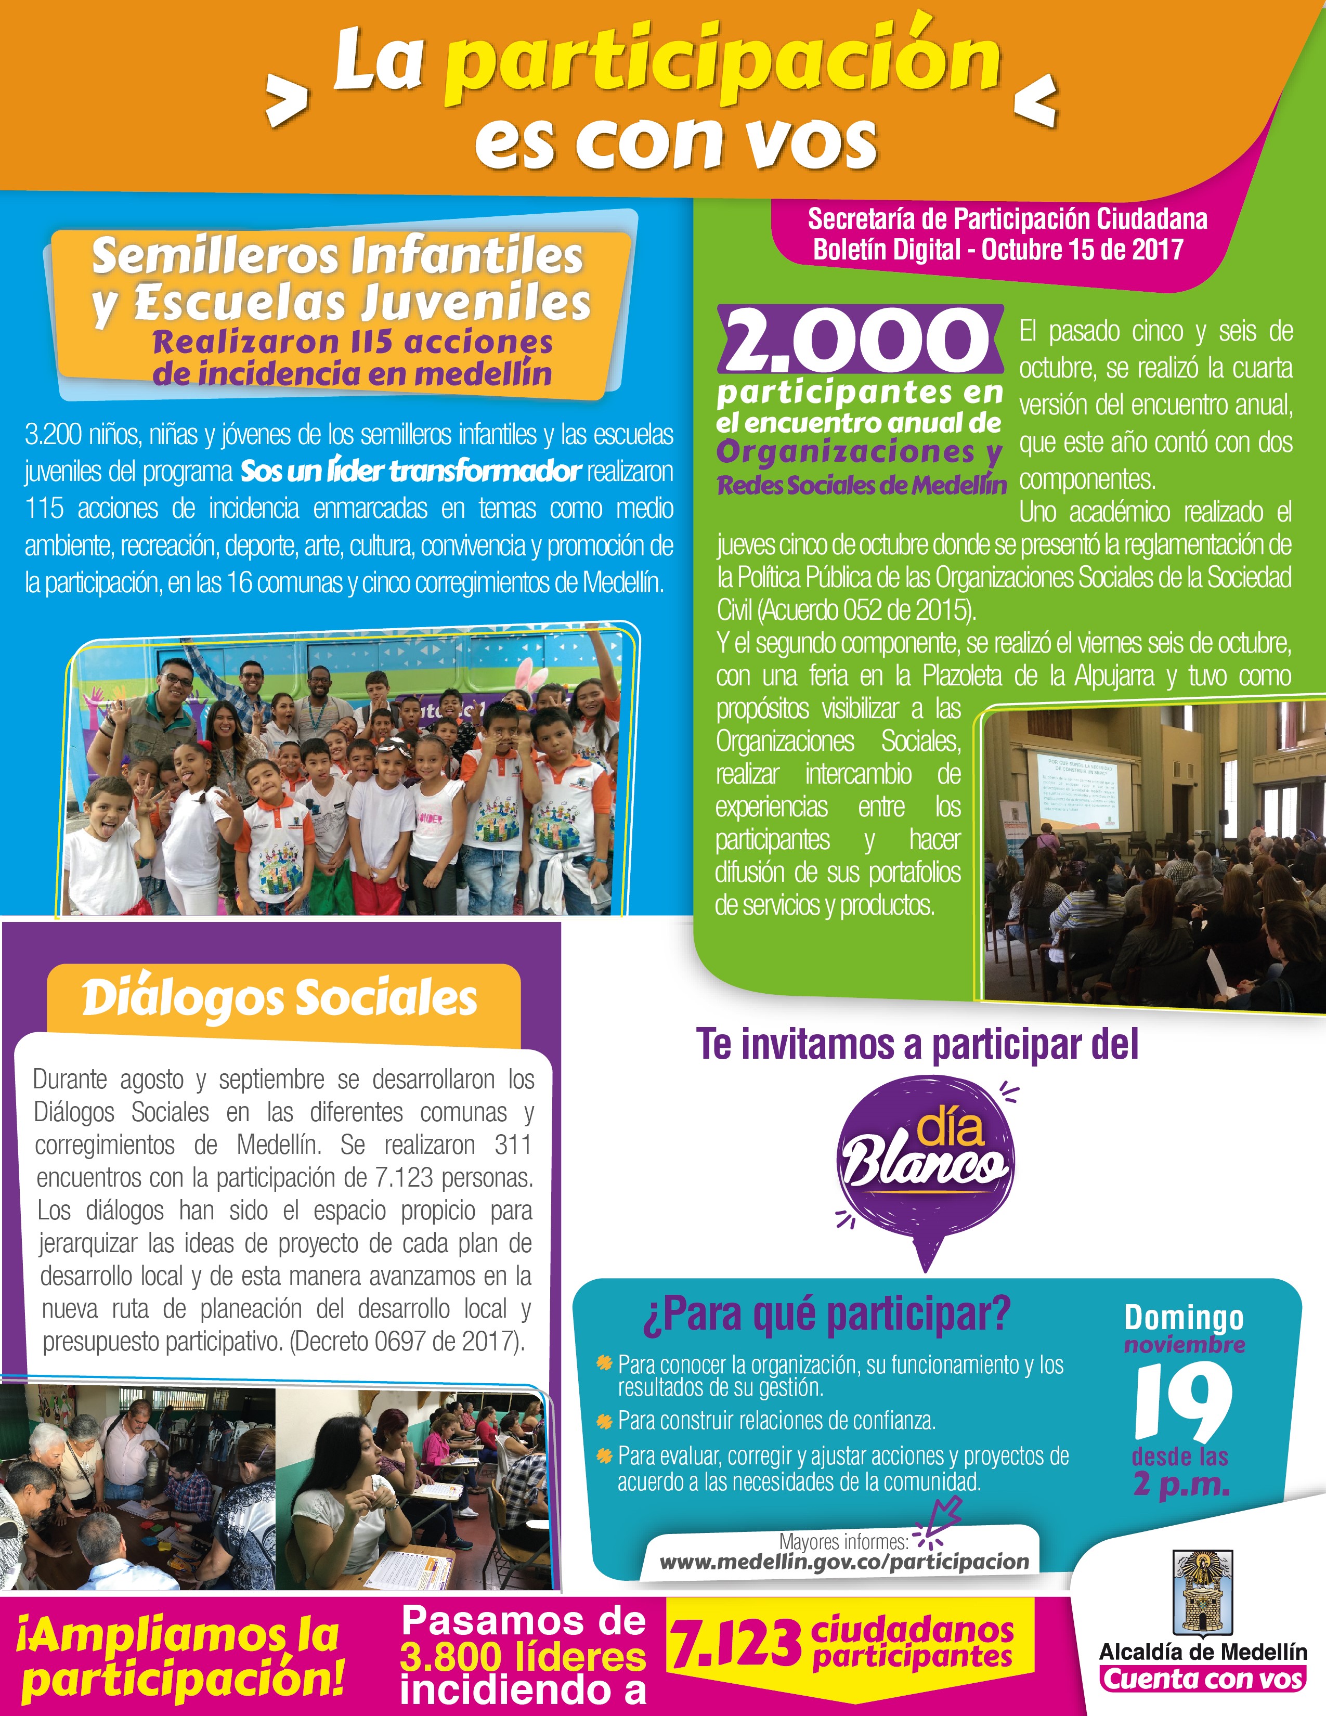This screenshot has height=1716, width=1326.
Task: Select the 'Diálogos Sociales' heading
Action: pos(280,998)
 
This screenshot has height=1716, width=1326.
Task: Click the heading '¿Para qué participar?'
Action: pos(826,1315)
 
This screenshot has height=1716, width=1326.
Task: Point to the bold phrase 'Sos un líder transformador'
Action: pos(411,472)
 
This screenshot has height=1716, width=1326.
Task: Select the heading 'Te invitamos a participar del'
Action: pos(917,1045)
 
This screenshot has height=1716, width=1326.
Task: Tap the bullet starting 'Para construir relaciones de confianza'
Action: pos(776,1421)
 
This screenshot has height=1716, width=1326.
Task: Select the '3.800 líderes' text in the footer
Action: pos(523,1656)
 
